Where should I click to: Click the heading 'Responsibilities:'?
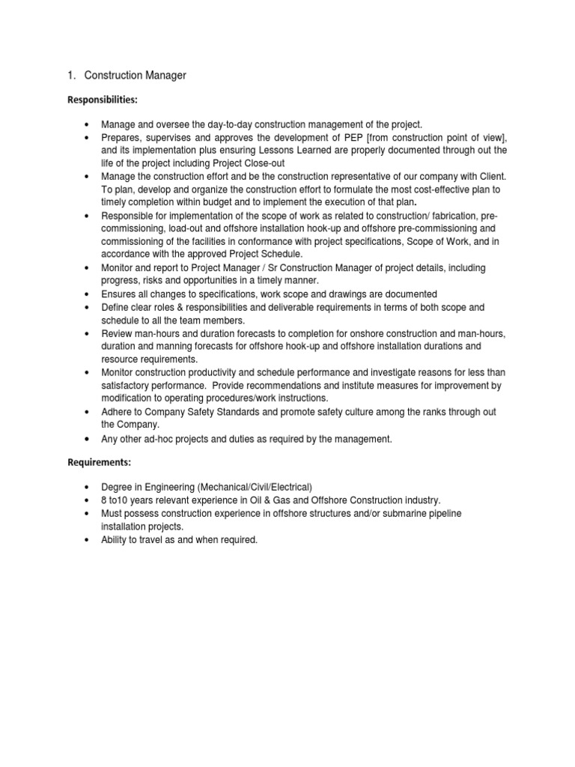tap(103, 99)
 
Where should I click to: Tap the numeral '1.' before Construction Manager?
tap(73, 76)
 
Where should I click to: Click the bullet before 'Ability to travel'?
tap(88, 539)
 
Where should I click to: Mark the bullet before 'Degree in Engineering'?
tap(88, 487)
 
